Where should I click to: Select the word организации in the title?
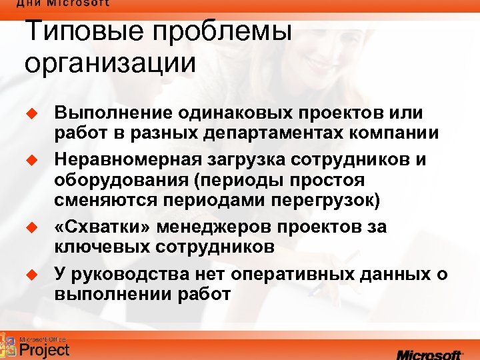(110, 64)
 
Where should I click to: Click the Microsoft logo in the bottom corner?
(429, 352)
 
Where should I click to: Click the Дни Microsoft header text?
(63, 3)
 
